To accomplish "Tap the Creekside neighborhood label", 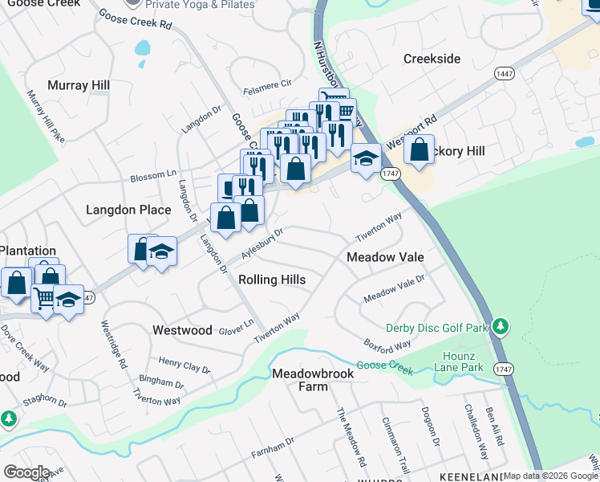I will click(432, 59).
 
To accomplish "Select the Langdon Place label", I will click(128, 210).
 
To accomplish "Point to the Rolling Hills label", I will click(272, 279).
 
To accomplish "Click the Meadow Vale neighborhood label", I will click(385, 256).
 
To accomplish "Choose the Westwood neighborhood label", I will click(182, 330).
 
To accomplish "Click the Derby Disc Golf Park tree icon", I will click(501, 326).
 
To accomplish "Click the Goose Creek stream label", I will click(384, 366).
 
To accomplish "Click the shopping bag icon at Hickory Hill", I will click(419, 149).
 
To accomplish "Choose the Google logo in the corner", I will click(26, 472).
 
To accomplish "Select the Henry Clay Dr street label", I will click(184, 366).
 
